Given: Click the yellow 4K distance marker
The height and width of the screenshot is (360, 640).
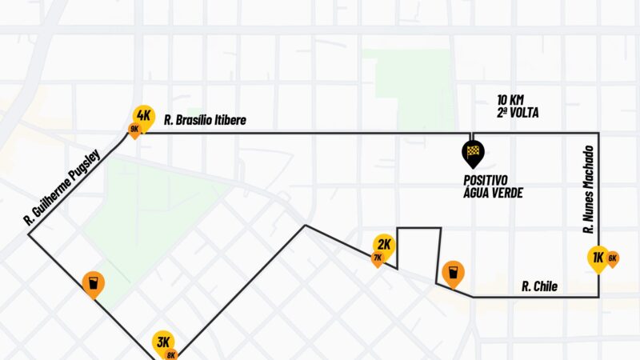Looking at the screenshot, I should (x=144, y=114).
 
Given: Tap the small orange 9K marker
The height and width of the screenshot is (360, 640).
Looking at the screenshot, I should (x=134, y=128).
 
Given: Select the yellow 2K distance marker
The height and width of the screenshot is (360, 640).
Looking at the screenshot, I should (x=384, y=244).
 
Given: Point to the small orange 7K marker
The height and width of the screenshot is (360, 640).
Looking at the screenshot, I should (x=377, y=258).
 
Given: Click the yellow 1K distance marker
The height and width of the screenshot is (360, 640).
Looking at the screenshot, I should (x=597, y=257).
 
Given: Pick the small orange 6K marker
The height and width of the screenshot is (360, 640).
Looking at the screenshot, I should (x=613, y=258).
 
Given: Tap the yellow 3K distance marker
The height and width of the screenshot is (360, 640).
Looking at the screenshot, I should (x=164, y=342).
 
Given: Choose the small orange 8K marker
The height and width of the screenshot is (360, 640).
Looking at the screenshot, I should (x=171, y=354).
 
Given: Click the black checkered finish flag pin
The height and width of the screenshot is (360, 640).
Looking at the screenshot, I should (x=473, y=150).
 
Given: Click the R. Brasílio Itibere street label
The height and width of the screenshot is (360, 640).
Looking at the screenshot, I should (x=205, y=121).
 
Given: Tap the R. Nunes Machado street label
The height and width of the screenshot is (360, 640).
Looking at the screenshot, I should (x=588, y=189).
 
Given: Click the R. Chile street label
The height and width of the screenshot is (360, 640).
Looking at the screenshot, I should (x=539, y=286).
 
